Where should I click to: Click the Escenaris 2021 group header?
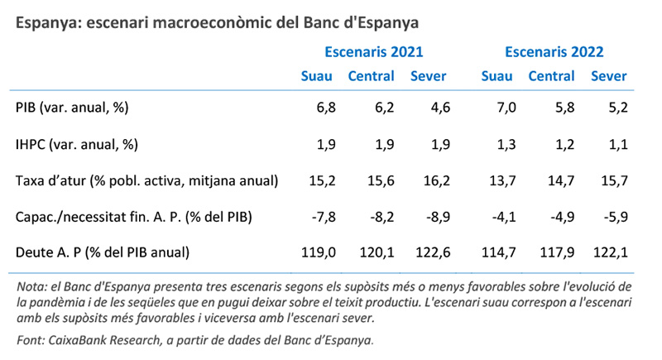coord(373,51)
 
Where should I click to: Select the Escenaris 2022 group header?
coord(554,51)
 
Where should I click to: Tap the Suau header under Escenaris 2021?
coord(316,76)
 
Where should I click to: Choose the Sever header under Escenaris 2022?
coord(608,76)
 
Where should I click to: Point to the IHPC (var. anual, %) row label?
coord(76,144)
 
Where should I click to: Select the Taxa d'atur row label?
coord(146,180)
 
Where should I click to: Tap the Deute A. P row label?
coord(103,252)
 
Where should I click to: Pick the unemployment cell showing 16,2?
coord(436,180)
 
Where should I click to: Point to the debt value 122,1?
coord(610,252)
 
